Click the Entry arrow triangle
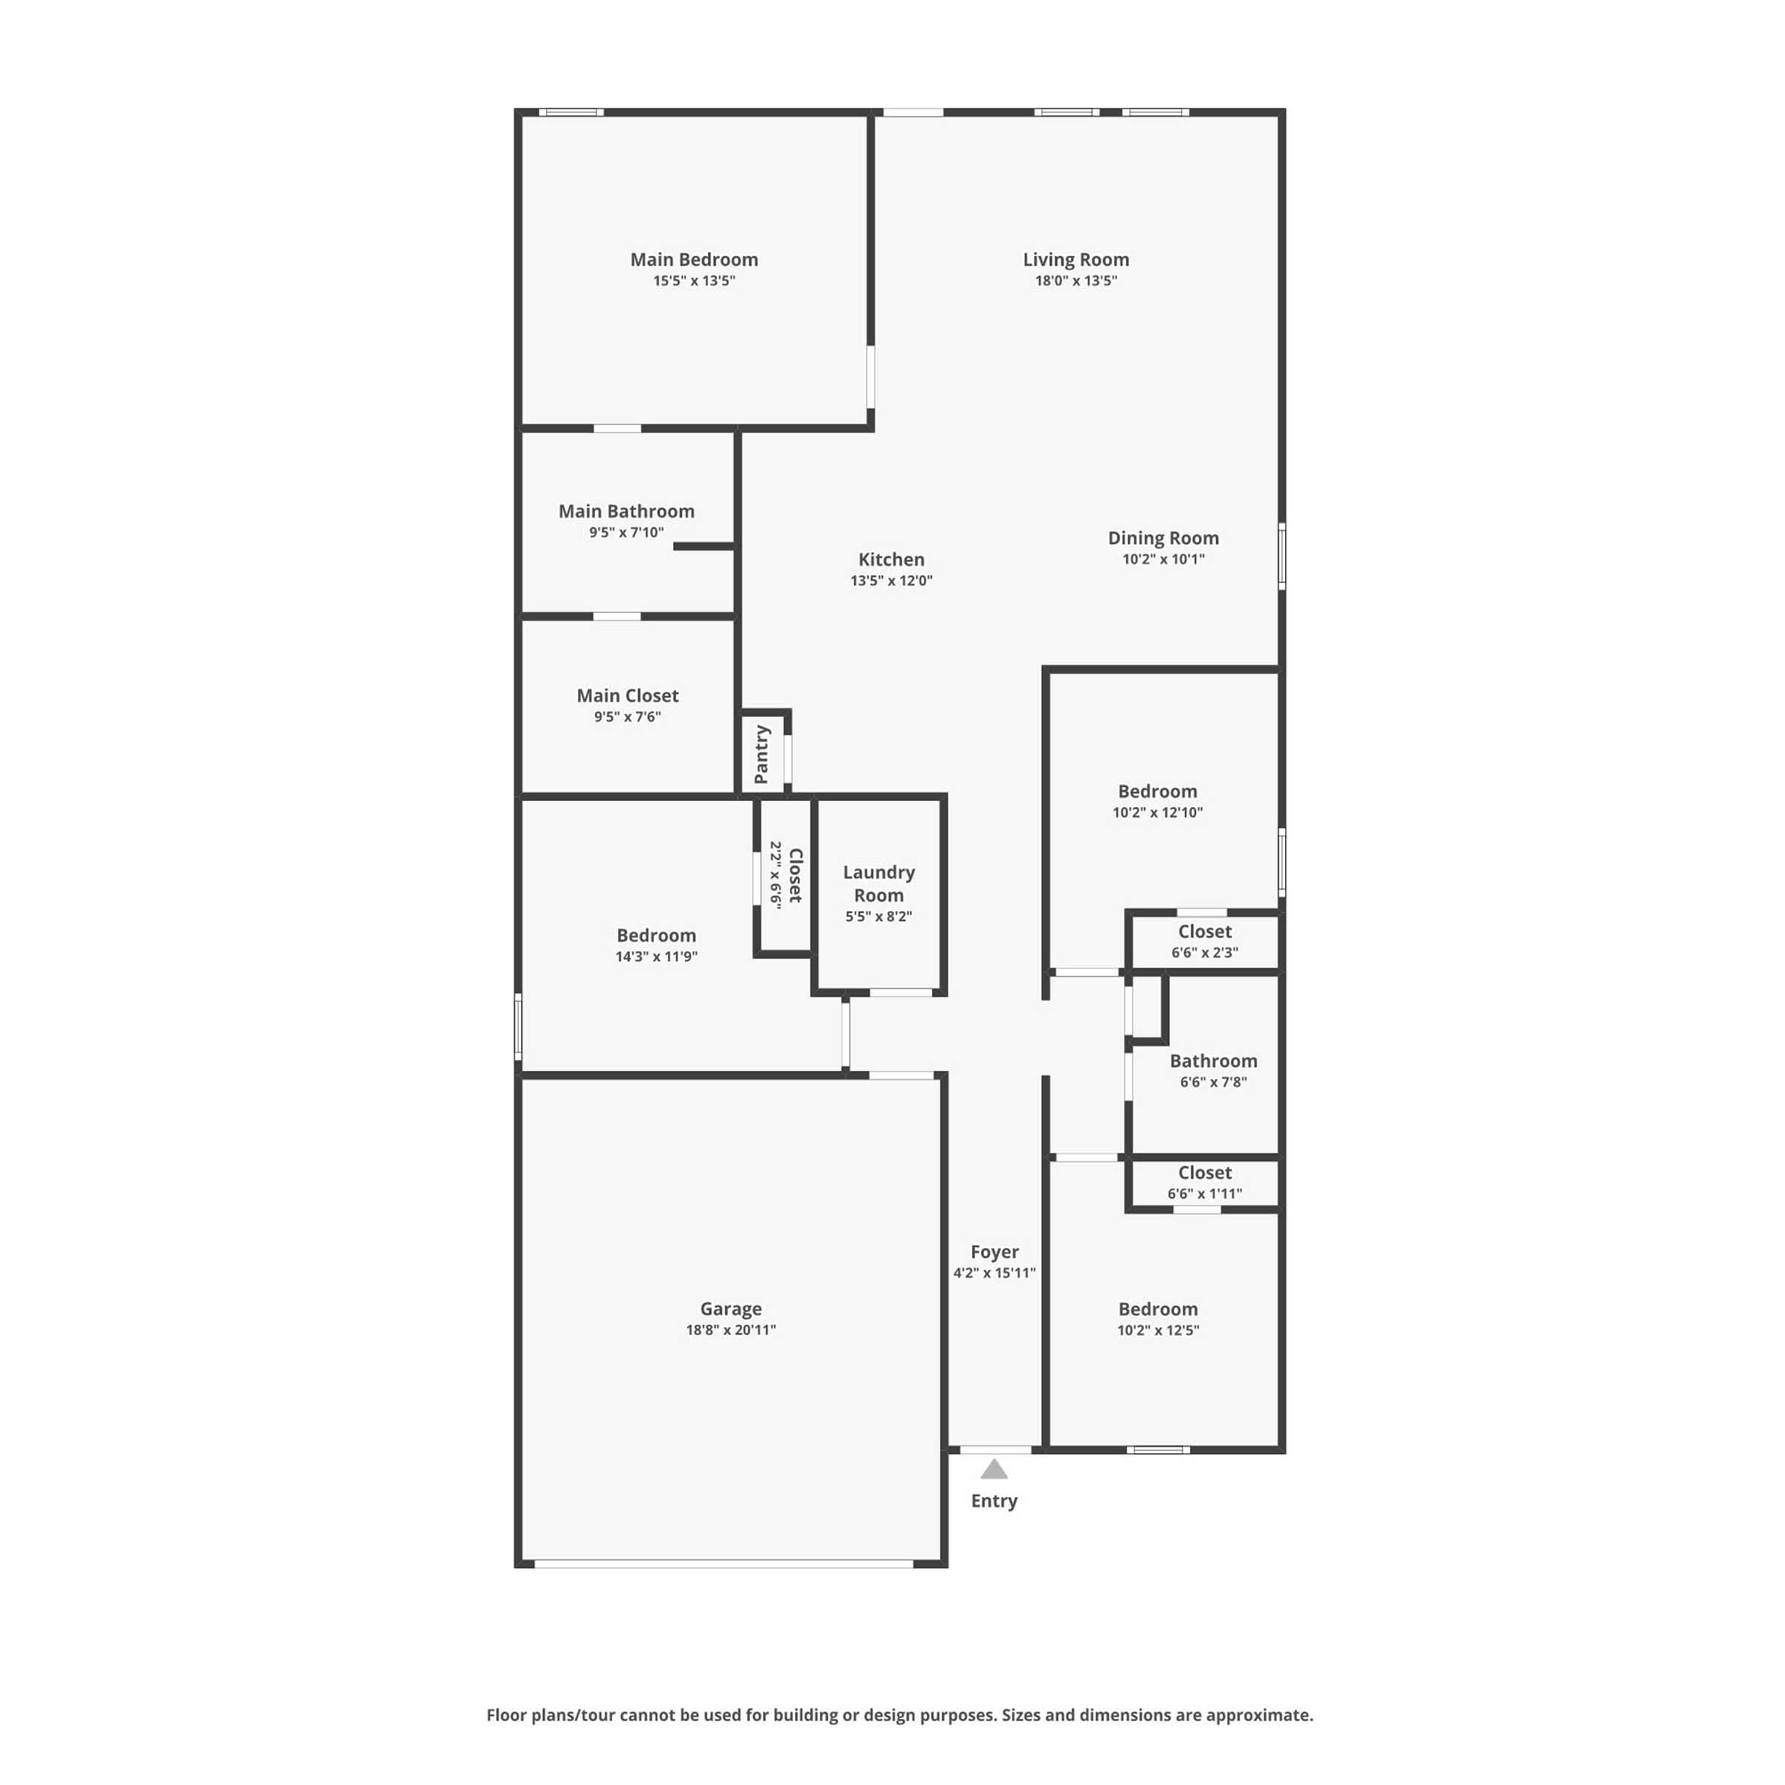[994, 1469]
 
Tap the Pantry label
[762, 754]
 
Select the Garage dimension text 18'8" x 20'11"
[731, 1330]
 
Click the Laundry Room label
[878, 884]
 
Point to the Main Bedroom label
[694, 260]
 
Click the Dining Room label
[1163, 538]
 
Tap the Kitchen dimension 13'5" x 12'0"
[892, 580]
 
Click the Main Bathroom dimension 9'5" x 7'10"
[626, 533]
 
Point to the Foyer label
[994, 1252]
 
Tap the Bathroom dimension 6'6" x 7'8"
[1213, 1082]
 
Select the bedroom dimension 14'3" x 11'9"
[656, 956]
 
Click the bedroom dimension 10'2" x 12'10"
[1158, 812]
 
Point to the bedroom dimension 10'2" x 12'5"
[1158, 1330]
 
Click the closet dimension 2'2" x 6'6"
[776, 875]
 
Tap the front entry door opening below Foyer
[996, 1450]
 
